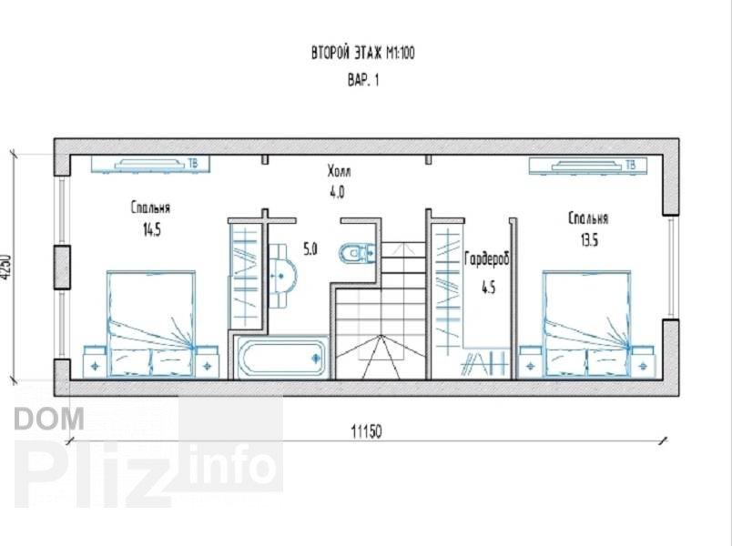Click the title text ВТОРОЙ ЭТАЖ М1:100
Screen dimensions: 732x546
(362, 53)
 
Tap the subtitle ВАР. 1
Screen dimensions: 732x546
(363, 80)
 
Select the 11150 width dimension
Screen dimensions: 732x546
(366, 431)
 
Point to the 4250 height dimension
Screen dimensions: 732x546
(5, 267)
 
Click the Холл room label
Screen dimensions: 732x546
(339, 171)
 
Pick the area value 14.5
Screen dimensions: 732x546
(152, 229)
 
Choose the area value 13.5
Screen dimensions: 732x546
(589, 240)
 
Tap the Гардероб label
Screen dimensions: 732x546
(487, 259)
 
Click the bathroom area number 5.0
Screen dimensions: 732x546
(310, 249)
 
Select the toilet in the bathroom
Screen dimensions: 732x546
(357, 253)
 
